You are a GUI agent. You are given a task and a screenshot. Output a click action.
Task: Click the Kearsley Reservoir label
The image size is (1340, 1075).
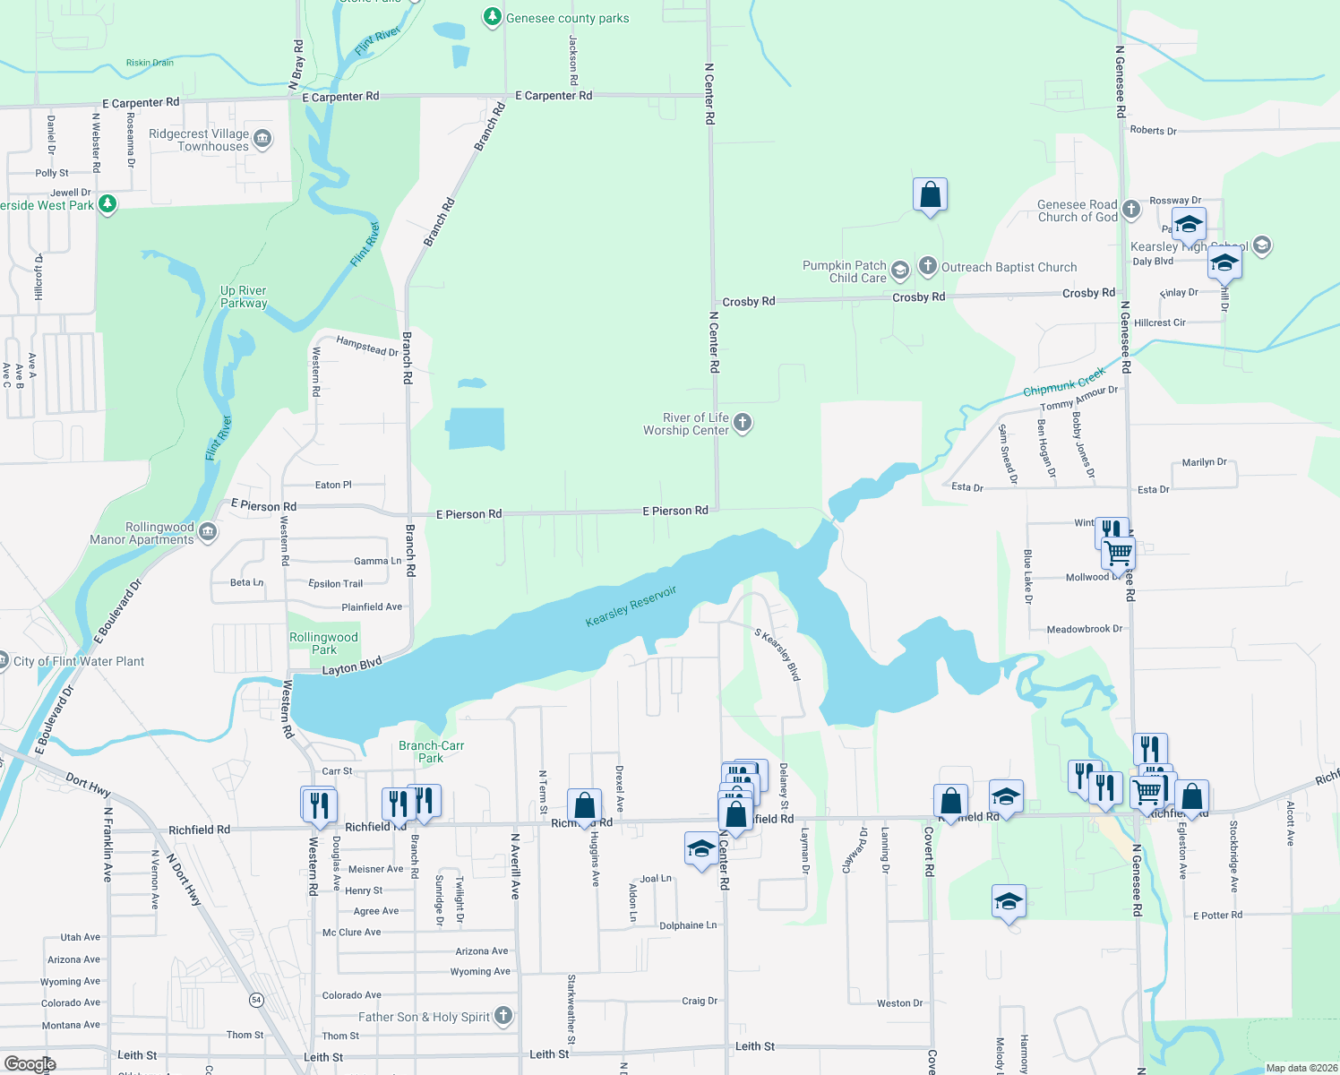(631, 606)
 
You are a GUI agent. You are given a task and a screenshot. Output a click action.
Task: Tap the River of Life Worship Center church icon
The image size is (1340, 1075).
(743, 423)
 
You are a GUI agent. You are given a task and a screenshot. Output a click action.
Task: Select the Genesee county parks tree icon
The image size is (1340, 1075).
(492, 17)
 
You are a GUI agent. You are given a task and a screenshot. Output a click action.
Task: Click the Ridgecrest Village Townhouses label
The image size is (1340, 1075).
(199, 141)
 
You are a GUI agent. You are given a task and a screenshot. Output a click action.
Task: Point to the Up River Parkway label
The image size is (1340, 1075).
(244, 297)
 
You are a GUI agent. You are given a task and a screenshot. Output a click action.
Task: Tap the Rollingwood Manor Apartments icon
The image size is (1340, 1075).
(208, 532)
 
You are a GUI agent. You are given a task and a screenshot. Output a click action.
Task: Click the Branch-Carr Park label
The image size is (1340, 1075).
(432, 752)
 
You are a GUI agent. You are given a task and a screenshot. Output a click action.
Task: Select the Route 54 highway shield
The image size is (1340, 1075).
(257, 1000)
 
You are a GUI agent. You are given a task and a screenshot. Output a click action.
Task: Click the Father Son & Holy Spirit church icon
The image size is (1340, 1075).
(503, 1015)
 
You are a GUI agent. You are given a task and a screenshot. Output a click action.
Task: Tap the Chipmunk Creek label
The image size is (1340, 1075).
(1064, 382)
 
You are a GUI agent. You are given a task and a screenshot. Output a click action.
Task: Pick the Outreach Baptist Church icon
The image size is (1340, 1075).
(928, 266)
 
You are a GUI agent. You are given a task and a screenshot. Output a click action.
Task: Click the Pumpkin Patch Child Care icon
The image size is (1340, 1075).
(900, 271)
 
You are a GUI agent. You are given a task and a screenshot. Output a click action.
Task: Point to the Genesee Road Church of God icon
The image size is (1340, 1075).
(1131, 210)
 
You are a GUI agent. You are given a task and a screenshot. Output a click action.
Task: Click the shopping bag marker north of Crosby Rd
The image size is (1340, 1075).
(931, 195)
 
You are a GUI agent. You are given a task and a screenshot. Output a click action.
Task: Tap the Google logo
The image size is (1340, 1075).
(30, 1063)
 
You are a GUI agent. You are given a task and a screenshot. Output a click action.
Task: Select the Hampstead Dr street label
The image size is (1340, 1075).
(367, 346)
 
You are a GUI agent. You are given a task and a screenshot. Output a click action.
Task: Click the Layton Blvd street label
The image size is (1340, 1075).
(352, 666)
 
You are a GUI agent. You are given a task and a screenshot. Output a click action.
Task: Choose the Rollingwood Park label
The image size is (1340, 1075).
(323, 643)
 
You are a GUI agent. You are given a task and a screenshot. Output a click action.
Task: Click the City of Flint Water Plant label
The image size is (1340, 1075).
(79, 661)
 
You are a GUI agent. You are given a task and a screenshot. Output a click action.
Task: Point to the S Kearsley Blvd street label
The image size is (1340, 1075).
(777, 655)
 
